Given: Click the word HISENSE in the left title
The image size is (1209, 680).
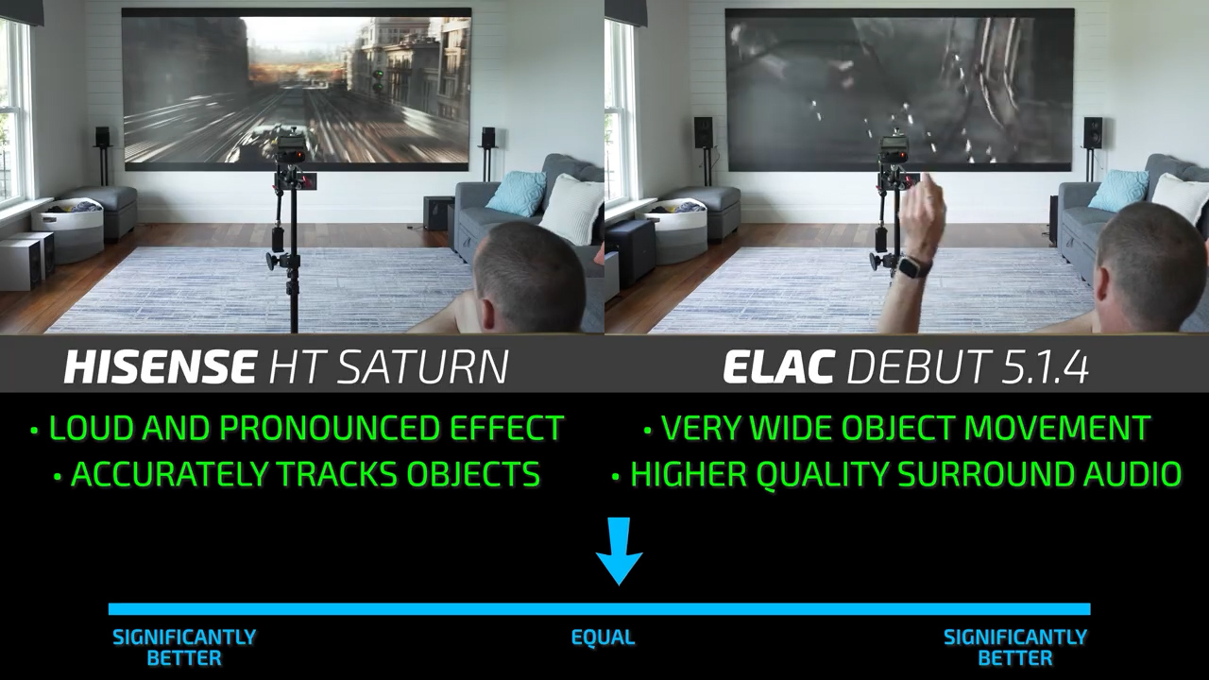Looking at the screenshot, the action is click(x=160, y=367).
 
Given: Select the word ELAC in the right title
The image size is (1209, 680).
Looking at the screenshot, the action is click(x=777, y=367).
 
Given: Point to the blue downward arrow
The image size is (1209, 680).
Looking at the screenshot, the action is click(x=619, y=551).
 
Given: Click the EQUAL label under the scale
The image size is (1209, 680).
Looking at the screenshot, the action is click(x=603, y=637).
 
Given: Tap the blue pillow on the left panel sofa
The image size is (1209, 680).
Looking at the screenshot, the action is click(x=517, y=193).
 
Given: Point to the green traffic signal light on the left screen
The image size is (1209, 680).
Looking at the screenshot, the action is click(x=378, y=74).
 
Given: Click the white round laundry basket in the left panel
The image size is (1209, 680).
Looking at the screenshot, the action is click(x=67, y=229).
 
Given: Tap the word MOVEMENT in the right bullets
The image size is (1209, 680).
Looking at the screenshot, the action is click(x=1057, y=428).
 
